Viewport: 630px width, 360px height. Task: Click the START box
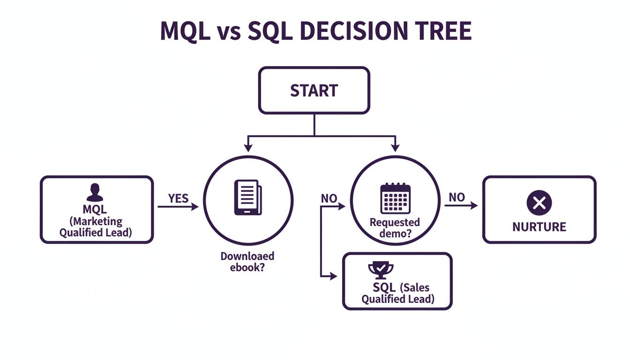point(314,90)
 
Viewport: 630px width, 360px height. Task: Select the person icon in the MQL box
point(95,192)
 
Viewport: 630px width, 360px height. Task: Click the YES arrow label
point(178,198)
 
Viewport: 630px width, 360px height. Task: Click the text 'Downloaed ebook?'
point(247,262)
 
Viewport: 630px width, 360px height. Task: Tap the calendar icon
point(395,198)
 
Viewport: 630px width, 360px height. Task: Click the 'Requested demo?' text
point(395,228)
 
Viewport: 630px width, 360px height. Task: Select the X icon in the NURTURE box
point(539,203)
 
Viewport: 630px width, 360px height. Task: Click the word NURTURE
point(539,227)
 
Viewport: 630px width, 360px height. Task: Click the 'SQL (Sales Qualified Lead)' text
point(398,293)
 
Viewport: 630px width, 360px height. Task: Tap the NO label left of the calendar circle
point(329,198)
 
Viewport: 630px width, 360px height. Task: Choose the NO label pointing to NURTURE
point(456,197)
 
